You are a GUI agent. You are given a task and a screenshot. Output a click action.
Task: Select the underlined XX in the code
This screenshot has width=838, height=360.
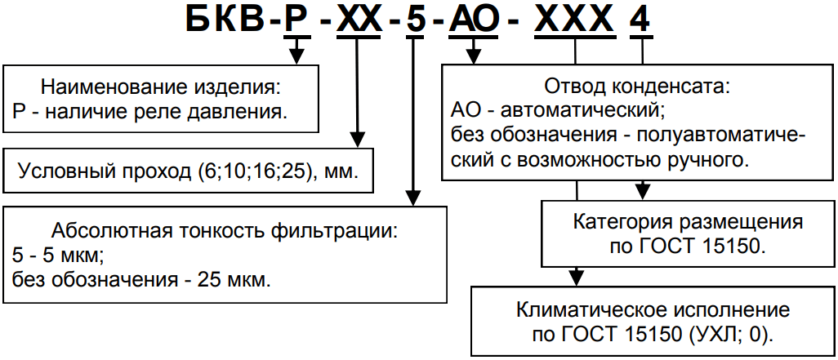point(358,20)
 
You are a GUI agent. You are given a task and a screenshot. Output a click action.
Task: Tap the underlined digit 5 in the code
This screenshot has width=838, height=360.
point(415,20)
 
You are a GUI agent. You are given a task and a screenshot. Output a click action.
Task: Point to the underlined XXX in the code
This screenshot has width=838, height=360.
point(578,20)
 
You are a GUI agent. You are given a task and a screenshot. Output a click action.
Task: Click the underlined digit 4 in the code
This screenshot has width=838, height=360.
point(641,20)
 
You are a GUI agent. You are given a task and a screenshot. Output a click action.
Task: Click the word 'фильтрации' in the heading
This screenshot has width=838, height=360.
point(337,229)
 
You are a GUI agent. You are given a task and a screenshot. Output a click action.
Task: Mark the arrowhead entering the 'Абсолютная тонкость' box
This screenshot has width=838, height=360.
point(414,198)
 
